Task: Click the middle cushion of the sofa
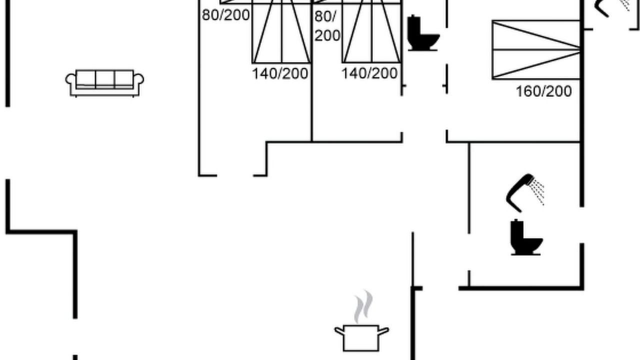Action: [x=105, y=79]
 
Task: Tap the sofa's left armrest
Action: [x=71, y=83]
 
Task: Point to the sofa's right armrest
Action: [x=138, y=83]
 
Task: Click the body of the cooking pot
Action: [x=361, y=338]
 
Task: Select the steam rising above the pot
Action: [x=363, y=306]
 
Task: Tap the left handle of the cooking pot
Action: [x=339, y=331]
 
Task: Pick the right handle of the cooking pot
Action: [x=383, y=331]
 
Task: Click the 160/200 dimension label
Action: [x=543, y=91]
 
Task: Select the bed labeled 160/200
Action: [x=536, y=49]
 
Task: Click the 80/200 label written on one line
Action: [x=225, y=15]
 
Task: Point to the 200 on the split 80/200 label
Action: [x=327, y=35]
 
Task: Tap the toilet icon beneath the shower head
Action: [x=526, y=237]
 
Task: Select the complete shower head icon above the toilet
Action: [x=525, y=193]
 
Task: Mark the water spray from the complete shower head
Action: [x=537, y=191]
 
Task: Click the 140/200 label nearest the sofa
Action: [x=280, y=73]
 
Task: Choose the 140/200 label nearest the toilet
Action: [x=369, y=73]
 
